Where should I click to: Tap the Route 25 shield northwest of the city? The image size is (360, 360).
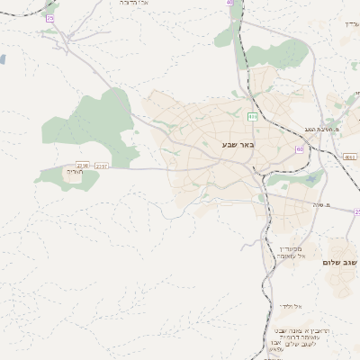[50, 18]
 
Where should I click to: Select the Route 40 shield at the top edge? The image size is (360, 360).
[229, 3]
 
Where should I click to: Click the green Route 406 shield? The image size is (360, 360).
[253, 116]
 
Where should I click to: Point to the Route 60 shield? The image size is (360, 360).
[299, 149]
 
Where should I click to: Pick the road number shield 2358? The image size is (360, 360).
[83, 166]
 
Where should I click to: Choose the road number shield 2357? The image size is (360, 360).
[101, 166]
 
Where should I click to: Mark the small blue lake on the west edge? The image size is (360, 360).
[2, 59]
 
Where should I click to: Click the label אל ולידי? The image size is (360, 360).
[290, 306]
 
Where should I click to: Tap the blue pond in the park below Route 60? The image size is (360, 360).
[311, 178]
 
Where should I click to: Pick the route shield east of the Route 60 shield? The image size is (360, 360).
[348, 156]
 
